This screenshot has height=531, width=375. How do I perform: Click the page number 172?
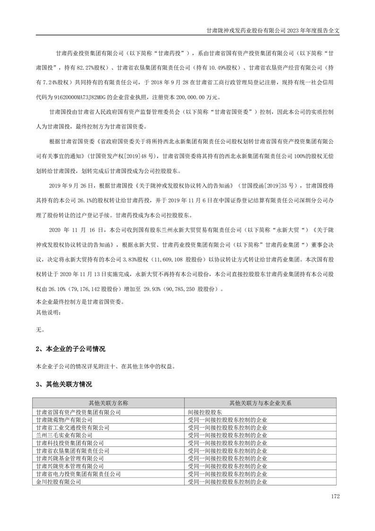pyautogui.click(x=335, y=496)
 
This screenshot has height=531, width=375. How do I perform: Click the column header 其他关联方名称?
pyautogui.click(x=108, y=403)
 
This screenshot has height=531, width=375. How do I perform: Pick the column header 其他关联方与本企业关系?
pyautogui.click(x=260, y=403)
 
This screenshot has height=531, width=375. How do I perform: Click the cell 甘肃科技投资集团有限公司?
pyautogui.click(x=70, y=443)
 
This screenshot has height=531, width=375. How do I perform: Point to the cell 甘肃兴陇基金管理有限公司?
pyautogui.click(x=70, y=458)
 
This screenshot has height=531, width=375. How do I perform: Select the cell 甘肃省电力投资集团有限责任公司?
pyautogui.click(x=78, y=474)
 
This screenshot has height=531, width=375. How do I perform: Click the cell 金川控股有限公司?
pyautogui.click(x=58, y=481)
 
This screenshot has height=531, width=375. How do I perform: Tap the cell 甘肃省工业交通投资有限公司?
pyautogui.click(x=72, y=427)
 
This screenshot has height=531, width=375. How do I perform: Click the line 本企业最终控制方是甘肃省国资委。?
pyautogui.click(x=79, y=301)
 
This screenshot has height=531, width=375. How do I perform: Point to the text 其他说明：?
pyautogui.click(x=48, y=313)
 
